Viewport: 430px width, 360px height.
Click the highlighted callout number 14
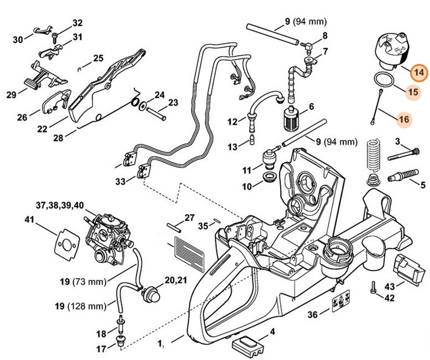coord(418,74)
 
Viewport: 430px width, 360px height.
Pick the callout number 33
coord(120,182)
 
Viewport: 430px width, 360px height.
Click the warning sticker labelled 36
coord(339,304)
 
